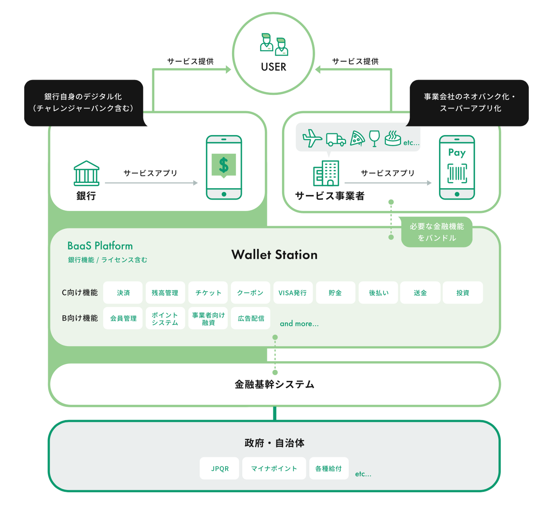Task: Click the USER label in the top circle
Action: pos(274,67)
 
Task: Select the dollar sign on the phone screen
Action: pos(224,165)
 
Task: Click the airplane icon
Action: pos(312,138)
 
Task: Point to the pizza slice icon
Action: pos(357,139)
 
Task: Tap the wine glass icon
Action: pos(374,138)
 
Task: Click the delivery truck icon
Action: pos(336,139)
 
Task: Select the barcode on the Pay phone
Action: pos(457,173)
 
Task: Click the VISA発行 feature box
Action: pos(293,293)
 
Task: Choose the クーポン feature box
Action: pos(250,293)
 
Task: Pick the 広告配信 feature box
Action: pos(251,318)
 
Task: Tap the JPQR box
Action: pos(220,468)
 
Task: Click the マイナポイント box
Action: pos(274,468)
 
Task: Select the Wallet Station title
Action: pos(274,255)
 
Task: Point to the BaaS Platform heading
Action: pos(100,246)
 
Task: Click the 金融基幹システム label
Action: pos(274,384)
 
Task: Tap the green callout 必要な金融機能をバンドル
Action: pos(437,232)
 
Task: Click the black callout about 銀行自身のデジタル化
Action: pos(83,103)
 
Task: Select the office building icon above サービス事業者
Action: pos(326,173)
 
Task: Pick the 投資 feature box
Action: pos(462,293)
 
